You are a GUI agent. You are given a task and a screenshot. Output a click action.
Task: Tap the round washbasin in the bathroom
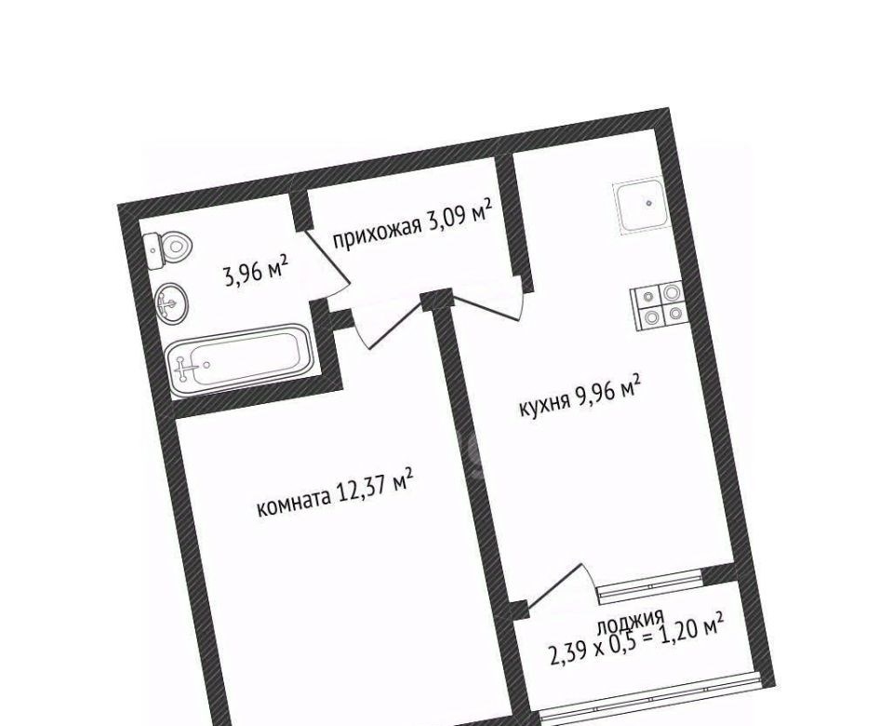pyautogui.click(x=171, y=303)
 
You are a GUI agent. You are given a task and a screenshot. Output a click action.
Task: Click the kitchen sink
pyautogui.click(x=640, y=206)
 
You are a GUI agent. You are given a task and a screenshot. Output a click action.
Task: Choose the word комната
pyautogui.click(x=294, y=501)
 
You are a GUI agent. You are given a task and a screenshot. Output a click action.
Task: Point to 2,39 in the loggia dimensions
pyautogui.click(x=568, y=652)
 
